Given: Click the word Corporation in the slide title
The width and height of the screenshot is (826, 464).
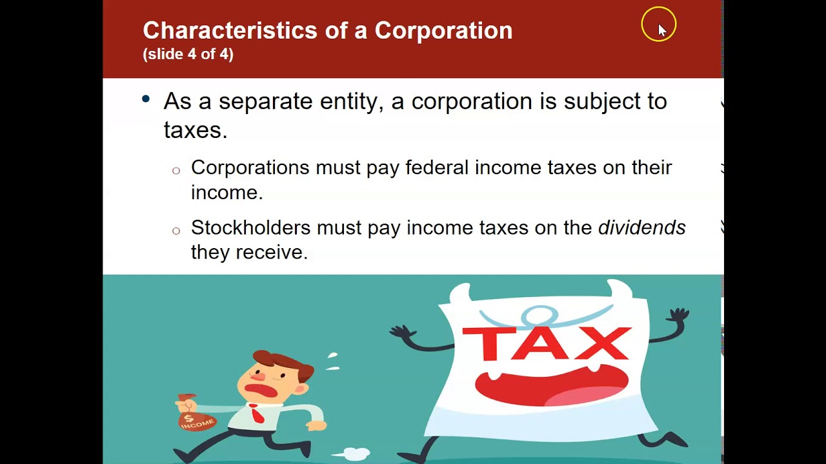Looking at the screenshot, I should pos(443,30).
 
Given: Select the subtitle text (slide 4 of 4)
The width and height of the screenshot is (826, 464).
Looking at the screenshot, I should pos(188,54).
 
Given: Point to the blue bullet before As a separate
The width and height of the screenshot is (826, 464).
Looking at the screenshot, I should pos(146,99).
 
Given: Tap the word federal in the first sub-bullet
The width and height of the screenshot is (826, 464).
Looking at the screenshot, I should pos(436,168).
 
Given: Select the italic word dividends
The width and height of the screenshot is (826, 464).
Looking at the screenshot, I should pos(641,227).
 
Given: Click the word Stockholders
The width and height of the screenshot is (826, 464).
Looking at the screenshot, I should pos(250,227).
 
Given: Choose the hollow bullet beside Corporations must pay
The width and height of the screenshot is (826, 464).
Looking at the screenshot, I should pos(176,171).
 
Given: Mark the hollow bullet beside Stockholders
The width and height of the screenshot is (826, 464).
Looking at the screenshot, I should pos(176,231).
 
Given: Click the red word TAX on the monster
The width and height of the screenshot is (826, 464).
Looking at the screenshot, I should pos(546,343).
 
